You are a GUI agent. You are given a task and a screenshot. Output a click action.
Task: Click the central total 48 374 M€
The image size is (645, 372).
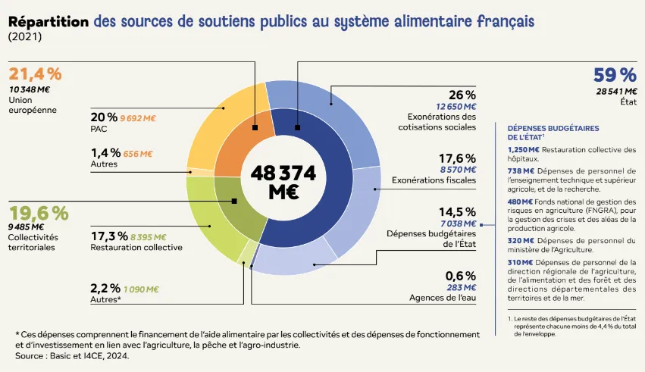coord(283,182)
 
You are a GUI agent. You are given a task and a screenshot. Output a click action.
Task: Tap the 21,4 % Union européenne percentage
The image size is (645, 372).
coord(35,74)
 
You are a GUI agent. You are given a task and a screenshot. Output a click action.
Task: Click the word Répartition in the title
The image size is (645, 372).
coord(48,21)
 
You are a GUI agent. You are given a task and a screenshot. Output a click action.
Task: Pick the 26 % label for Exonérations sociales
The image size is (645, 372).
coord(462,95)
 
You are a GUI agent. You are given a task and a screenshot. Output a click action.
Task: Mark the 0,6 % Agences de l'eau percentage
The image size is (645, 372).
coord(461,276)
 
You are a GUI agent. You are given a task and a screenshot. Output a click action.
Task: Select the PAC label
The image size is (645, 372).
coord(99,129)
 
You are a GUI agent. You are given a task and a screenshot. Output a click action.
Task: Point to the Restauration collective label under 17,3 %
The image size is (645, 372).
coord(136,247)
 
